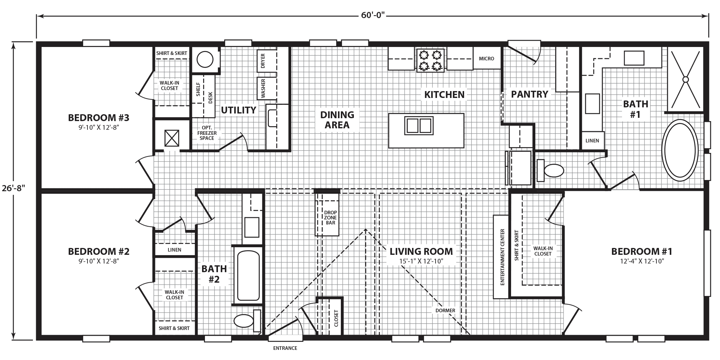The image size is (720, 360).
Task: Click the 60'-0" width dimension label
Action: [x=373, y=15]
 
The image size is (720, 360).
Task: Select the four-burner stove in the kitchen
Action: [x=430, y=60]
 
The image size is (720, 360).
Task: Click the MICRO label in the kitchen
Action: [x=486, y=59]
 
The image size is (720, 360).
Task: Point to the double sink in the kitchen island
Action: [x=419, y=125]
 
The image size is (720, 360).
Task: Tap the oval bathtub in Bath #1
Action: [x=680, y=150]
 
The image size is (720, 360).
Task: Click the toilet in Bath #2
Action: [x=244, y=321]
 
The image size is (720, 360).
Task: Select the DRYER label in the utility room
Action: [x=263, y=61]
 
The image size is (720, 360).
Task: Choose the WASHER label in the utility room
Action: [x=263, y=89]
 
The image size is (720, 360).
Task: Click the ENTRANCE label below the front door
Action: [x=285, y=348]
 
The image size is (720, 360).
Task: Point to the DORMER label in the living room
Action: [x=445, y=310]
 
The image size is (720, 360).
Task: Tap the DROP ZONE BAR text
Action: [x=330, y=218]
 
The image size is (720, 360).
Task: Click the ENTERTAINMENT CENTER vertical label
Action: [x=502, y=257]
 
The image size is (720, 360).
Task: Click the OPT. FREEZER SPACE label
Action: [x=207, y=133]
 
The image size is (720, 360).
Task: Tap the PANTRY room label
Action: [x=529, y=94]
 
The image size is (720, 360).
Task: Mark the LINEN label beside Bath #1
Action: [x=592, y=141]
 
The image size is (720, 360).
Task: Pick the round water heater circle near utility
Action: [x=205, y=60]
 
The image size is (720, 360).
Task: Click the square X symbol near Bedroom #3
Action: [x=172, y=138]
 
